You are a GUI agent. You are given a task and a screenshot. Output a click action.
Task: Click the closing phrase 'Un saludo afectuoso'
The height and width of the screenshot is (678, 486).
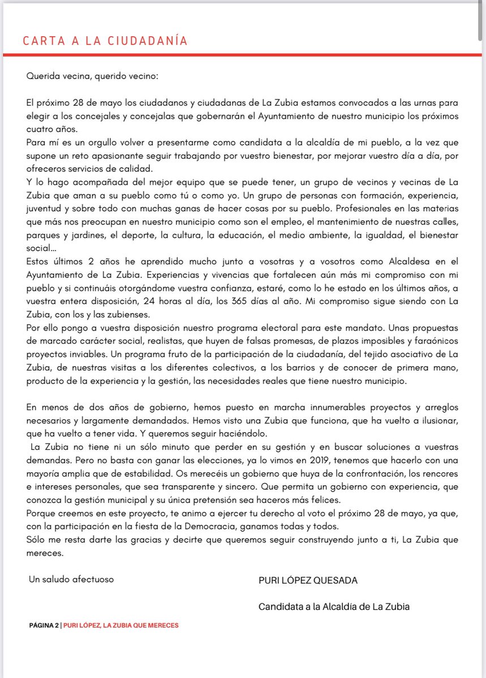pyautogui.click(x=71, y=579)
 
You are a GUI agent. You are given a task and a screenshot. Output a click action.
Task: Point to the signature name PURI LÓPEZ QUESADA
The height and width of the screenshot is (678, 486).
pyautogui.click(x=308, y=580)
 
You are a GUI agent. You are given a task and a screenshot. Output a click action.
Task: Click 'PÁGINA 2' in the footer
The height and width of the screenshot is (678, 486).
pyautogui.click(x=44, y=625)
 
